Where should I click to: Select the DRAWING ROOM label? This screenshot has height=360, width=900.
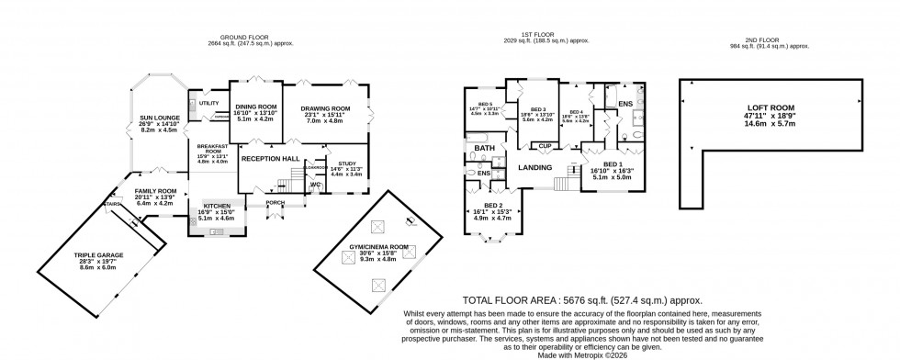click(326, 108)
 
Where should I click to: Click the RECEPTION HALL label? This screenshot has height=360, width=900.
click(271, 158)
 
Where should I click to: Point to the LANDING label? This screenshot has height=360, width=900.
click(534, 166)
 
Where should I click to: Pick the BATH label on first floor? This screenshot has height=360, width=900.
click(485, 147)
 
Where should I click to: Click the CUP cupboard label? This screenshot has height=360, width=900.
click(545, 146)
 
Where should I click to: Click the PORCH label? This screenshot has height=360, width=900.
click(274, 202)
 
